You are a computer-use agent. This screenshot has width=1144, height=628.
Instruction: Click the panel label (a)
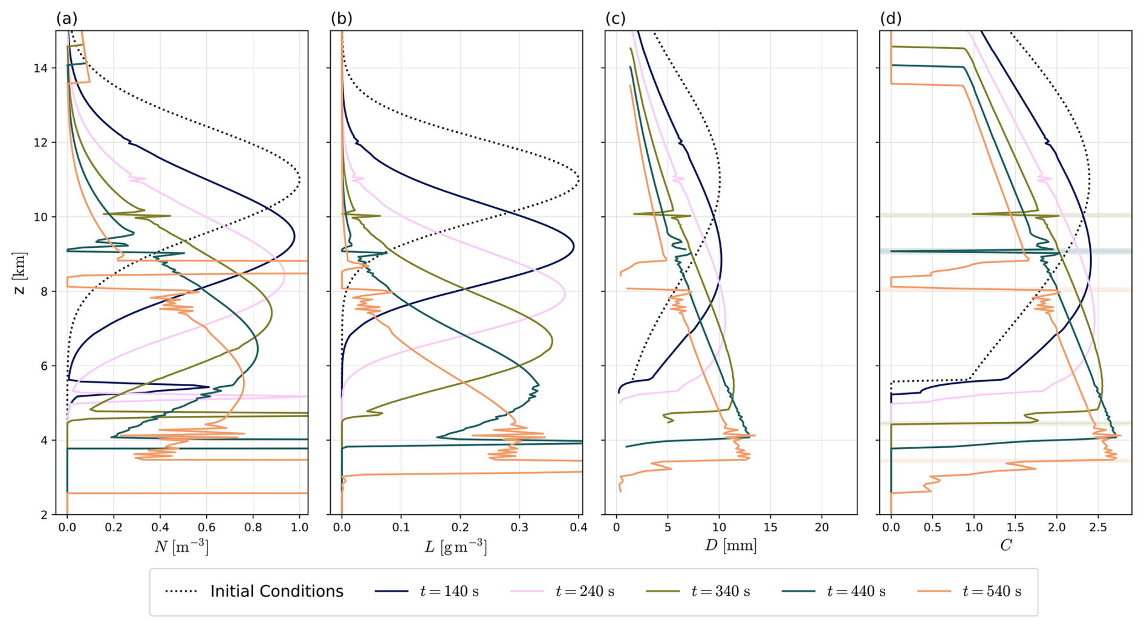pos(67,19)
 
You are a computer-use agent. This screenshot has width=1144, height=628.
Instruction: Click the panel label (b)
pos(341,19)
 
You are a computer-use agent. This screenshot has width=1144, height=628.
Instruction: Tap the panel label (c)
pos(616,19)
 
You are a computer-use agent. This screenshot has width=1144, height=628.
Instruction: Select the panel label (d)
pos(891,19)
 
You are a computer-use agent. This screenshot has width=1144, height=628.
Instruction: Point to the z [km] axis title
pos(20,273)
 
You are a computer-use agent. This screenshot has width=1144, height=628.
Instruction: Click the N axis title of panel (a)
pos(181,546)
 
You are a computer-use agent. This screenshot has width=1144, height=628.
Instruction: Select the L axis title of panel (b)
pos(456,546)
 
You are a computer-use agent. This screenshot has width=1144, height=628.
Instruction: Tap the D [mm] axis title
pos(730,546)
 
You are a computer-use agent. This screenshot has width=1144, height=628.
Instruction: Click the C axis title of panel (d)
pos(1006,546)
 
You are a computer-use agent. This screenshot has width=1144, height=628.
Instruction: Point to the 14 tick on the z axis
pos(41,68)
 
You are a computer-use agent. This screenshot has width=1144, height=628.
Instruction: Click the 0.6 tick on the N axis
pos(206,528)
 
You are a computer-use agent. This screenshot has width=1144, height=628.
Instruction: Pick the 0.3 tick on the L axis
pos(519,528)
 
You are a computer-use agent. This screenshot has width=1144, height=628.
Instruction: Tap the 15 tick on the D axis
pos(770,528)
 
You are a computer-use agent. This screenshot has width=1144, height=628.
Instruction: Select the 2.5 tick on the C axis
pos(1098,528)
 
